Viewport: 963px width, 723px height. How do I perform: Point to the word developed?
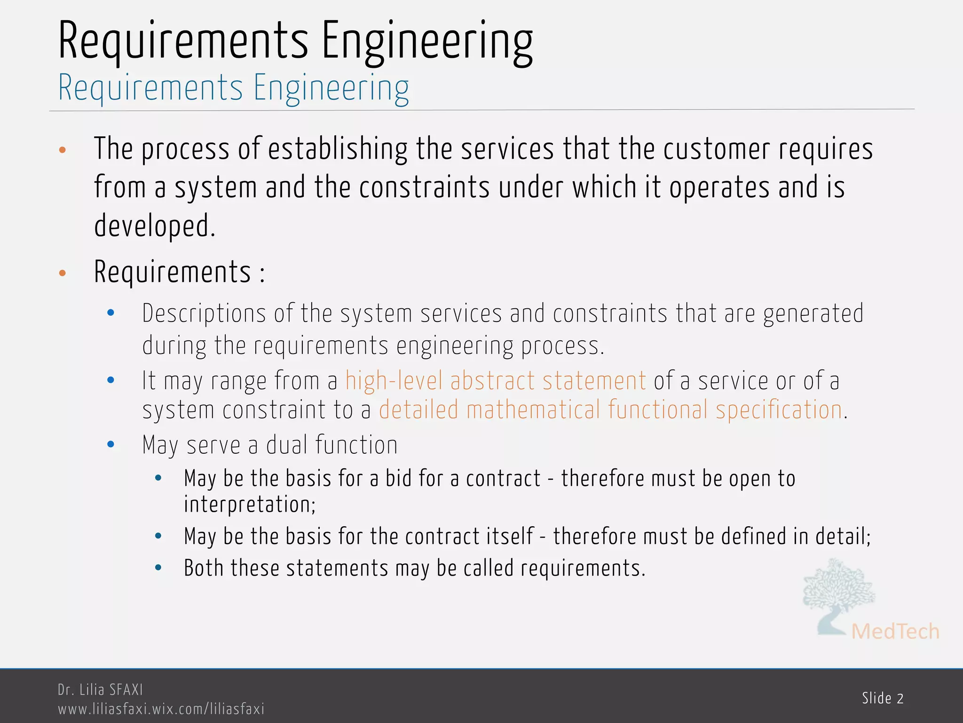pyautogui.click(x=154, y=226)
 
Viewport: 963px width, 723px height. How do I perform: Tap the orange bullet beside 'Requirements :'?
pyautogui.click(x=62, y=273)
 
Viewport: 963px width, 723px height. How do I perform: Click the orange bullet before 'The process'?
pyautogui.click(x=62, y=150)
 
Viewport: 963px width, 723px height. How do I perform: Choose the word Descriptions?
pyautogui.click(x=204, y=314)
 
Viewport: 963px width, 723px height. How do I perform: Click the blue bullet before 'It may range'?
pyautogui.click(x=111, y=380)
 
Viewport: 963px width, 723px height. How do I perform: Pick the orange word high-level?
pyautogui.click(x=394, y=381)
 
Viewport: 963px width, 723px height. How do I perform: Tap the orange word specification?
pyautogui.click(x=779, y=410)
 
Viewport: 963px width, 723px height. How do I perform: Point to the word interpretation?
pyautogui.click(x=249, y=505)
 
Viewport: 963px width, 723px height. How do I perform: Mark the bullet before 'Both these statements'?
pyautogui.click(x=158, y=568)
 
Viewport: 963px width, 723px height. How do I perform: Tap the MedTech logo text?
pyautogui.click(x=895, y=632)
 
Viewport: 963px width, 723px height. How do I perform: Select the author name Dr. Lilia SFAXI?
pyautogui.click(x=100, y=690)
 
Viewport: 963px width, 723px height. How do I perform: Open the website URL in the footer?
pyautogui.click(x=161, y=708)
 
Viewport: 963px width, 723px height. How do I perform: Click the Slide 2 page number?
pyautogui.click(x=883, y=698)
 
